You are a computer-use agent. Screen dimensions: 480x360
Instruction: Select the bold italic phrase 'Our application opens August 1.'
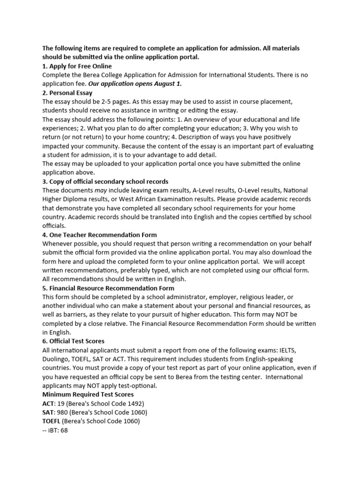pyautogui.click(x=135, y=84)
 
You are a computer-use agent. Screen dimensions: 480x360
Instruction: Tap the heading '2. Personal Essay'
pyautogui.click(x=67, y=93)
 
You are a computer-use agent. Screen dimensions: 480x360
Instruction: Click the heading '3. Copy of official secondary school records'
pyautogui.click(x=105, y=181)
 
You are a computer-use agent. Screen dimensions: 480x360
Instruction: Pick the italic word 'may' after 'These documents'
pyautogui.click(x=101, y=190)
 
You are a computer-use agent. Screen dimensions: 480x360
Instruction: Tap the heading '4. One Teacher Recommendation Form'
pyautogui.click(x=100, y=235)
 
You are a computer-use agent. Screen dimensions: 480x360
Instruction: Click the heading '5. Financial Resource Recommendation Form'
pyautogui.click(x=108, y=288)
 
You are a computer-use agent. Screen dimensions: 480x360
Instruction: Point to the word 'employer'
pyautogui.click(x=224, y=297)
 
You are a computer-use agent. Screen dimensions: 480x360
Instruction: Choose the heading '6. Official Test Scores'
pyautogui.click(x=74, y=341)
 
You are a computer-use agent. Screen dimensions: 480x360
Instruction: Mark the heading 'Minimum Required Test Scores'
pyautogui.click(x=88, y=395)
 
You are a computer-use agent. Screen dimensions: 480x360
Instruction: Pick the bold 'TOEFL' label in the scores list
pyautogui.click(x=52, y=421)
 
